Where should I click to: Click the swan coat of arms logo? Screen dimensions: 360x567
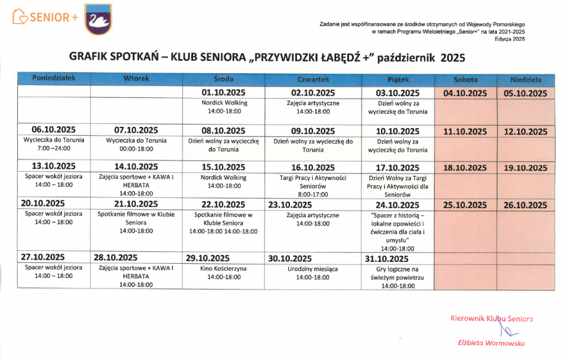(97, 18)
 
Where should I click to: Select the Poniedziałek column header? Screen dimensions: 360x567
(54, 79)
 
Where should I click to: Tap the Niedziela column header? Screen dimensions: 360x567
(526, 80)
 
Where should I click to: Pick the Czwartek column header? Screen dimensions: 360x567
(313, 79)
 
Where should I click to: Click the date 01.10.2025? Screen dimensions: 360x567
(224, 93)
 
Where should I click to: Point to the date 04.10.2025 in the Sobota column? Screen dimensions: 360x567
(465, 93)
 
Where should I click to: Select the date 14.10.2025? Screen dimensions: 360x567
(136, 167)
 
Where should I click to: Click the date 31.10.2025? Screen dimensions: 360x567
(387, 258)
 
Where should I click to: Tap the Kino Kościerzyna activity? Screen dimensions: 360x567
(224, 273)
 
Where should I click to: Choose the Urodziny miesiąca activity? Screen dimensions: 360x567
(313, 273)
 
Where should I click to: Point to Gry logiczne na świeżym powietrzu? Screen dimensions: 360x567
(398, 277)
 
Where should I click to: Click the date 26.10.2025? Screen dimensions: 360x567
(526, 205)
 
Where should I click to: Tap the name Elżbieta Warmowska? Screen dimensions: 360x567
(492, 342)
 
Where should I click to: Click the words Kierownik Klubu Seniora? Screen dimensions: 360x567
(491, 319)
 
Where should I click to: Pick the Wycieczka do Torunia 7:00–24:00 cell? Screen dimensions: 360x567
(54, 144)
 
